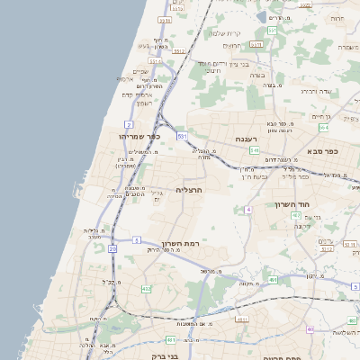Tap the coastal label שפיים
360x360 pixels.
[141, 72]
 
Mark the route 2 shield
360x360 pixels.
[130, 124]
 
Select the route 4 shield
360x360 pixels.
[247, 209]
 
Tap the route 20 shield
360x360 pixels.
[112, 247]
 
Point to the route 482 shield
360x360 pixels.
[147, 289]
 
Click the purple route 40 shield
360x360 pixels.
[310, 328]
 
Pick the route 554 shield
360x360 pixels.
[323, 128]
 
